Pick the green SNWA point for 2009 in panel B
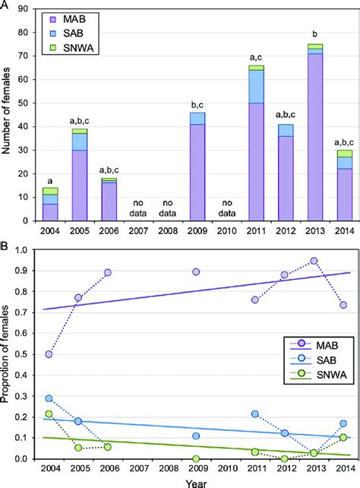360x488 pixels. point(196,480)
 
